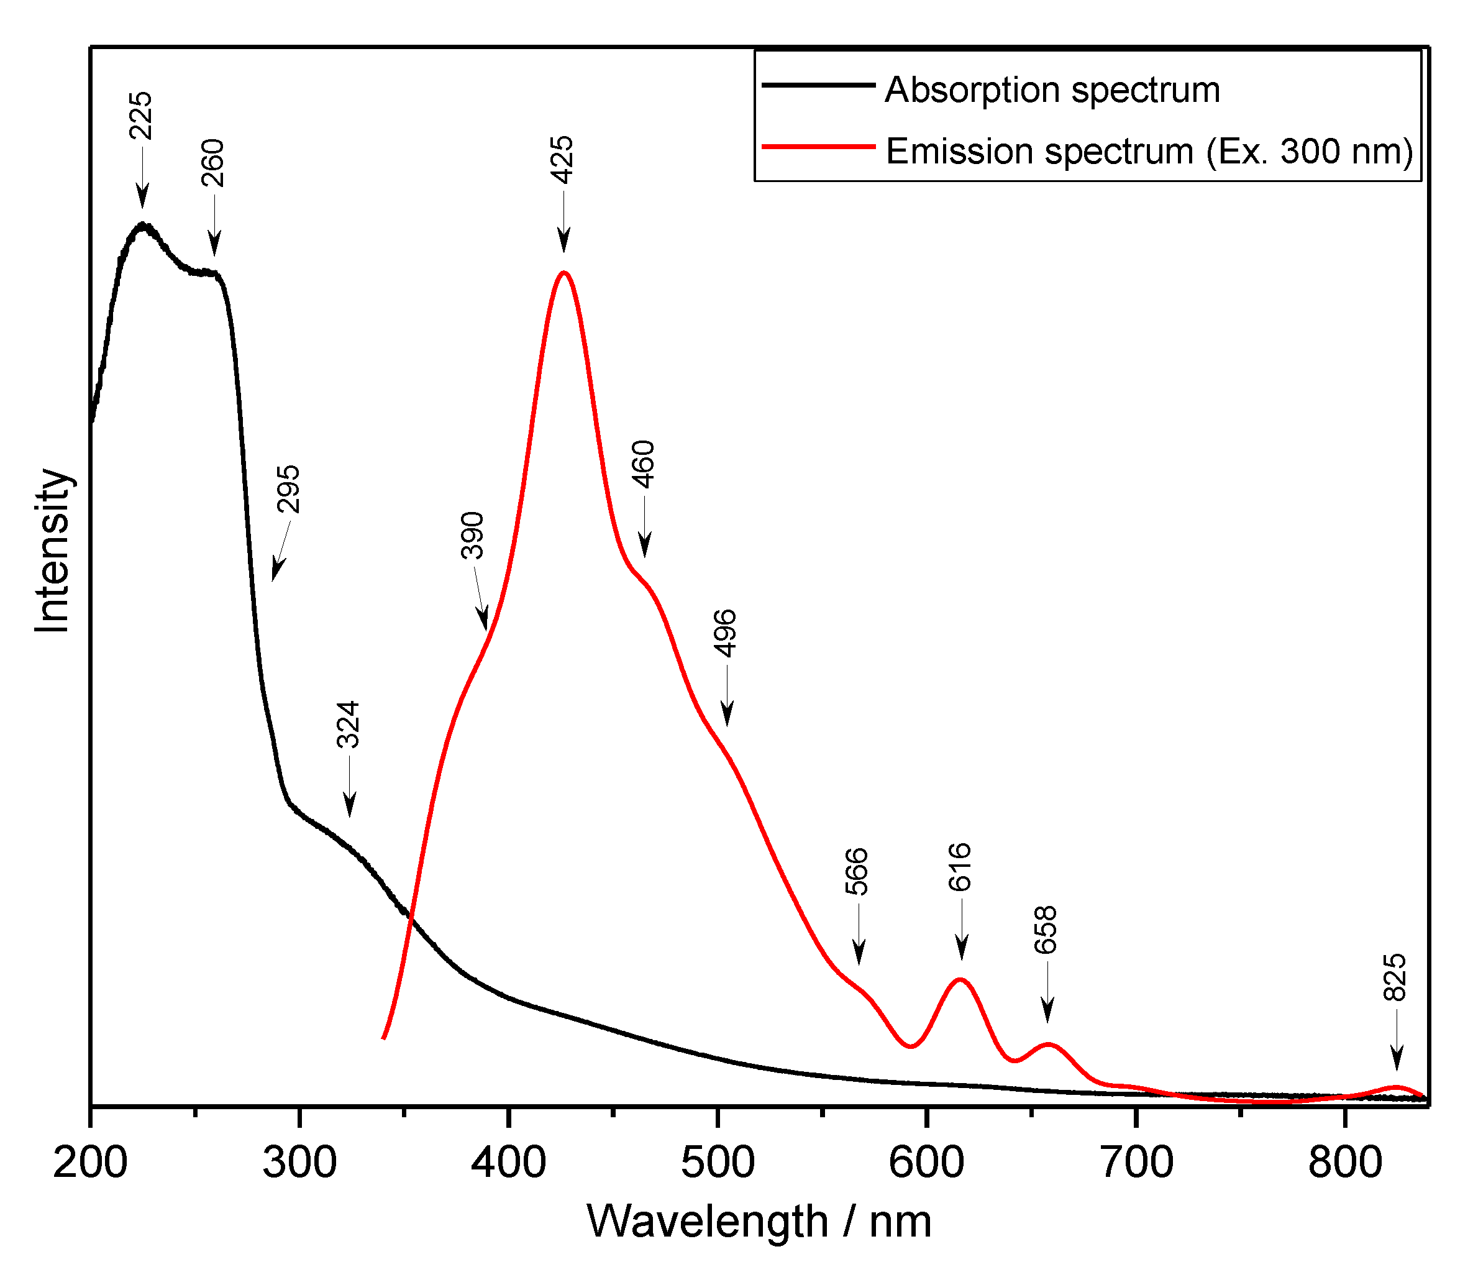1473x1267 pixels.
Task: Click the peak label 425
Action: tap(563, 159)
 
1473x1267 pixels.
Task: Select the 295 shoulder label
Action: tap(289, 488)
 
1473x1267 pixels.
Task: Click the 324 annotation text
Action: tap(349, 725)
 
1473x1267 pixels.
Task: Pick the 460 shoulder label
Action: tap(644, 464)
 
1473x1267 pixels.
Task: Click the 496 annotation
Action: tap(725, 633)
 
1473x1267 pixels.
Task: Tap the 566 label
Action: tap(857, 871)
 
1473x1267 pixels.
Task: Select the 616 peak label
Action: tap(960, 867)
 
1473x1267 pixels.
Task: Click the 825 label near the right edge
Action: tap(1395, 977)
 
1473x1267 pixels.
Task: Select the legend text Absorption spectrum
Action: tap(1052, 90)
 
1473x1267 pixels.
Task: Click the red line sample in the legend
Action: tap(818, 147)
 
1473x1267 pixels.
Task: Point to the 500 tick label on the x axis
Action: tap(718, 1164)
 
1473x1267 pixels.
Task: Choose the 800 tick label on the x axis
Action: tap(1345, 1164)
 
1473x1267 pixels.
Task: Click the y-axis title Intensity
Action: tap(53, 551)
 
